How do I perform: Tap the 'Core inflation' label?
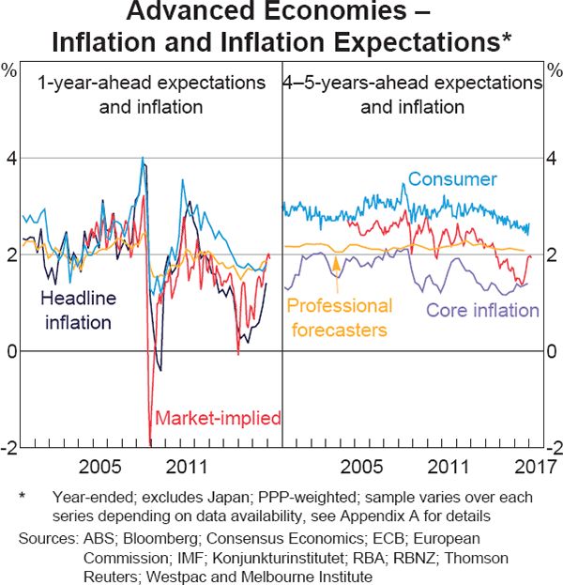pos(483,311)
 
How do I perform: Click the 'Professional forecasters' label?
pos(339,318)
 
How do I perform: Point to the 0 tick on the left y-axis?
pos(12,352)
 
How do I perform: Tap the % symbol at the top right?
pos(552,69)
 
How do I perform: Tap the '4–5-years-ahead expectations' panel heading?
pos(413,83)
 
